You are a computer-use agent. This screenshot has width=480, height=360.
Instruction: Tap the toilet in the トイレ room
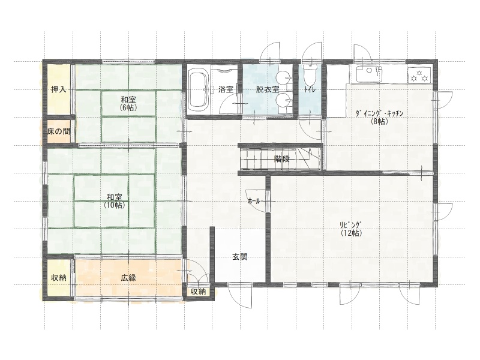click(309, 74)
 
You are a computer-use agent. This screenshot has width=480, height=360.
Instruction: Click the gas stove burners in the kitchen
click(419, 76)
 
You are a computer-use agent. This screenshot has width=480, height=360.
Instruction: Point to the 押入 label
click(58, 89)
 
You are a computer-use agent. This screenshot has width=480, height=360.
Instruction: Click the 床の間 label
click(59, 131)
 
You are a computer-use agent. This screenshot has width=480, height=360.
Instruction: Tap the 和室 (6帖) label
click(128, 103)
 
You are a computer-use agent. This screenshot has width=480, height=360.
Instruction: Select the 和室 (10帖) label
click(115, 201)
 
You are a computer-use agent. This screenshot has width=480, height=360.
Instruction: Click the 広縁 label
click(128, 278)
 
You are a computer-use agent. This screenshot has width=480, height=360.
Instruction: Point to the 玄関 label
click(240, 257)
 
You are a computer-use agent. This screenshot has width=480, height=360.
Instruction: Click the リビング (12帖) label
click(352, 229)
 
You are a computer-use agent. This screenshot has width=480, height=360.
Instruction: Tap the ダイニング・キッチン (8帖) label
click(380, 117)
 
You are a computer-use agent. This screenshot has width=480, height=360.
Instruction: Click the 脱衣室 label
click(268, 89)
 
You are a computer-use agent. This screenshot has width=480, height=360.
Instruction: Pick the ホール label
click(254, 201)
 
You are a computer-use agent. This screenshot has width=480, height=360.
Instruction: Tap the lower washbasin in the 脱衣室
click(283, 100)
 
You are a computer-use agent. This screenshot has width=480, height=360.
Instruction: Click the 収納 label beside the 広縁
click(58, 278)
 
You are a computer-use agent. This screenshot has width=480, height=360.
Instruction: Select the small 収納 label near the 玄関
click(199, 292)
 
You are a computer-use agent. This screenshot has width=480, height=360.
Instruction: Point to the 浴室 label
click(226, 89)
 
